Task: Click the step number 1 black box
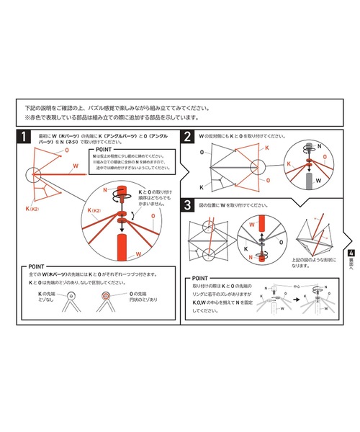(x=25, y=137)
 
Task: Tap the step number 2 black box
(x=188, y=137)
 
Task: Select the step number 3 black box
(x=188, y=205)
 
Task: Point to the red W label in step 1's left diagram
(x=74, y=166)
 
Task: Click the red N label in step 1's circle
(x=104, y=190)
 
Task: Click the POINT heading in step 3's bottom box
(x=206, y=278)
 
